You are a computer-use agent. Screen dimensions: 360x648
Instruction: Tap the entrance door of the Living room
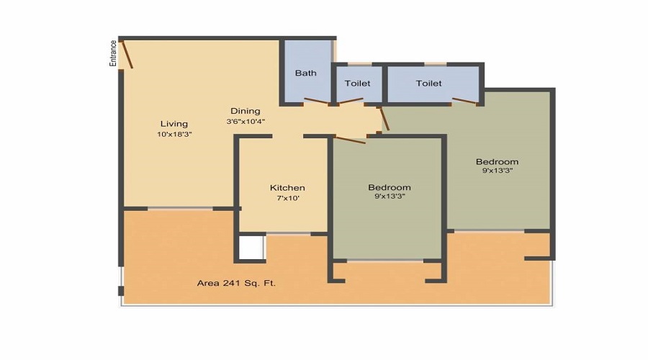point(127,55)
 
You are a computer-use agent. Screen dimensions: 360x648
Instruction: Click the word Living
point(174,124)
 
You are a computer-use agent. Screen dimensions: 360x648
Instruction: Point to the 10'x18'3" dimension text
point(174,135)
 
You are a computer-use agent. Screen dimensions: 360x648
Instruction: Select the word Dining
point(245,111)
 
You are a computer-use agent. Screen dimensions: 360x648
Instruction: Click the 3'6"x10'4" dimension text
point(246,122)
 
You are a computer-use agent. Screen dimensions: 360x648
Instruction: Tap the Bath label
point(305,73)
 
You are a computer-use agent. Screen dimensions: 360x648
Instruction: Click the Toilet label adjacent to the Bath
point(357,84)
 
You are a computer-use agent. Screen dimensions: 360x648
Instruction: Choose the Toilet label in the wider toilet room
point(428,84)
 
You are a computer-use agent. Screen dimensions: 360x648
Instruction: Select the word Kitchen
point(287,188)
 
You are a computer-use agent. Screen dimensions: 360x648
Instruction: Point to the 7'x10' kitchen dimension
point(287,199)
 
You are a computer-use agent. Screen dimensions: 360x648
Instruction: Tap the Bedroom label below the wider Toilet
point(497,161)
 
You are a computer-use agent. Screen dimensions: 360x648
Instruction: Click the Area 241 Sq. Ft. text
point(237,283)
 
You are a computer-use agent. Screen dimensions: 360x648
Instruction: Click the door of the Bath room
point(317,102)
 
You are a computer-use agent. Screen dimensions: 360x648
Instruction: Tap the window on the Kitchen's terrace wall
point(288,233)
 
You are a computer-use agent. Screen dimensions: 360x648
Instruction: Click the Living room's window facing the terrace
point(180,209)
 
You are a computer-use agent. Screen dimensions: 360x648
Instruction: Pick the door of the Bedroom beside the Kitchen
point(350,138)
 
